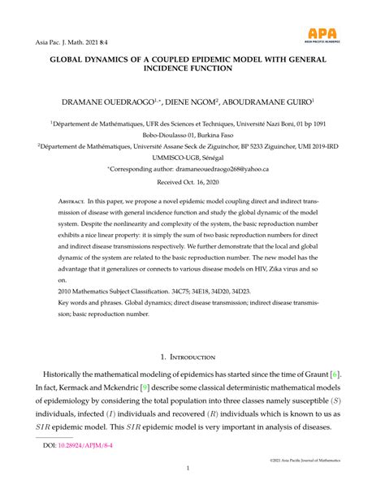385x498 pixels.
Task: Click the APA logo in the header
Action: (x=332, y=35)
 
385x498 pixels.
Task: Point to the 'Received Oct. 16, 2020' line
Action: (x=192, y=183)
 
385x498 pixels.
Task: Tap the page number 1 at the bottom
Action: (x=192, y=469)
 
